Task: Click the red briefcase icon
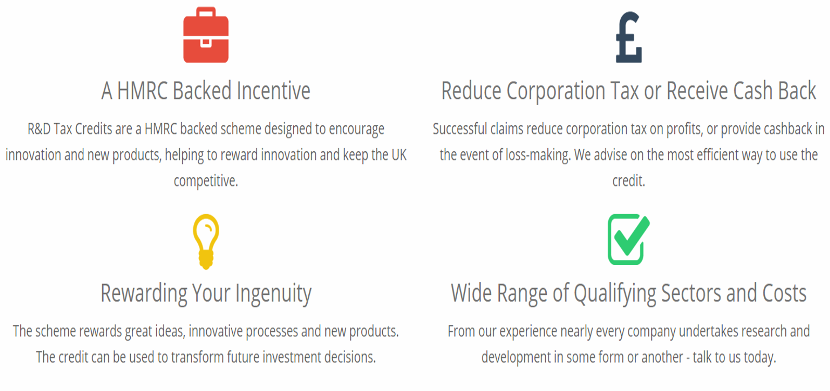click(x=206, y=35)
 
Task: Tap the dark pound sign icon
click(x=629, y=37)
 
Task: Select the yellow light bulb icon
click(x=206, y=242)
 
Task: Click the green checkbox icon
click(x=628, y=239)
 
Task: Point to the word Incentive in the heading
click(x=273, y=90)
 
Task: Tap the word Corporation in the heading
click(x=556, y=91)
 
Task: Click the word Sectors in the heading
click(x=691, y=293)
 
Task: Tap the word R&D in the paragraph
click(x=39, y=129)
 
